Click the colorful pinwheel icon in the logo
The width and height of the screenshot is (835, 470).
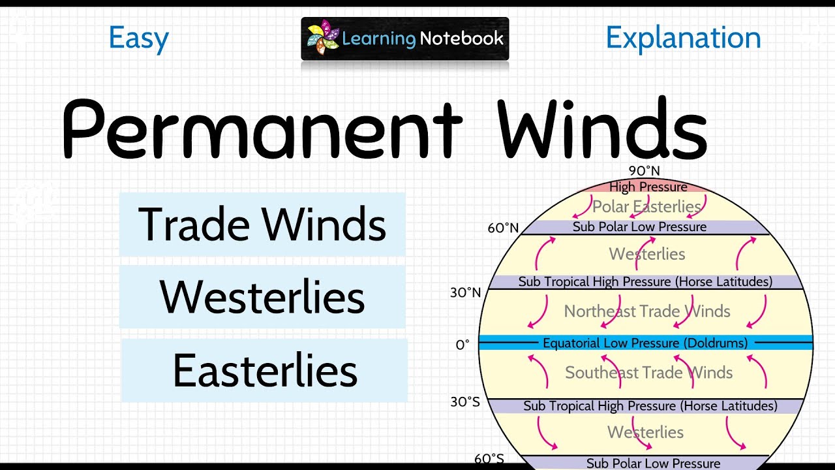point(323,38)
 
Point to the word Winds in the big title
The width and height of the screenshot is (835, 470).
point(601,129)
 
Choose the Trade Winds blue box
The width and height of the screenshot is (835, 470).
point(262,224)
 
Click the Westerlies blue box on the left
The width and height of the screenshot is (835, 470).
point(262,297)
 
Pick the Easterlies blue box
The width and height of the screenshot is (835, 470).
point(264,370)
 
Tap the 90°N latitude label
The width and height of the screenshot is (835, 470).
point(644,171)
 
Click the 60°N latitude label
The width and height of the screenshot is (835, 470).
point(503,228)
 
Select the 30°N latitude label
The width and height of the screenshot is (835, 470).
point(465,292)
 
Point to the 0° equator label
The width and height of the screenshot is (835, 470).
point(463,344)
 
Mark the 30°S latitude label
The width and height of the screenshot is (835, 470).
point(465,401)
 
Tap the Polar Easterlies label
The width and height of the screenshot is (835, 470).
point(646,207)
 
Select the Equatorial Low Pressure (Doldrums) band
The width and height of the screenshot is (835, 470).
point(645,343)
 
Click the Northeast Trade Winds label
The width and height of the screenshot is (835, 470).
point(646,311)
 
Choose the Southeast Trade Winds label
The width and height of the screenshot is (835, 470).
point(648,373)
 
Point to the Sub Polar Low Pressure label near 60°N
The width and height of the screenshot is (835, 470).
point(639,227)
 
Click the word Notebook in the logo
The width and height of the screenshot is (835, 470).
point(461,38)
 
